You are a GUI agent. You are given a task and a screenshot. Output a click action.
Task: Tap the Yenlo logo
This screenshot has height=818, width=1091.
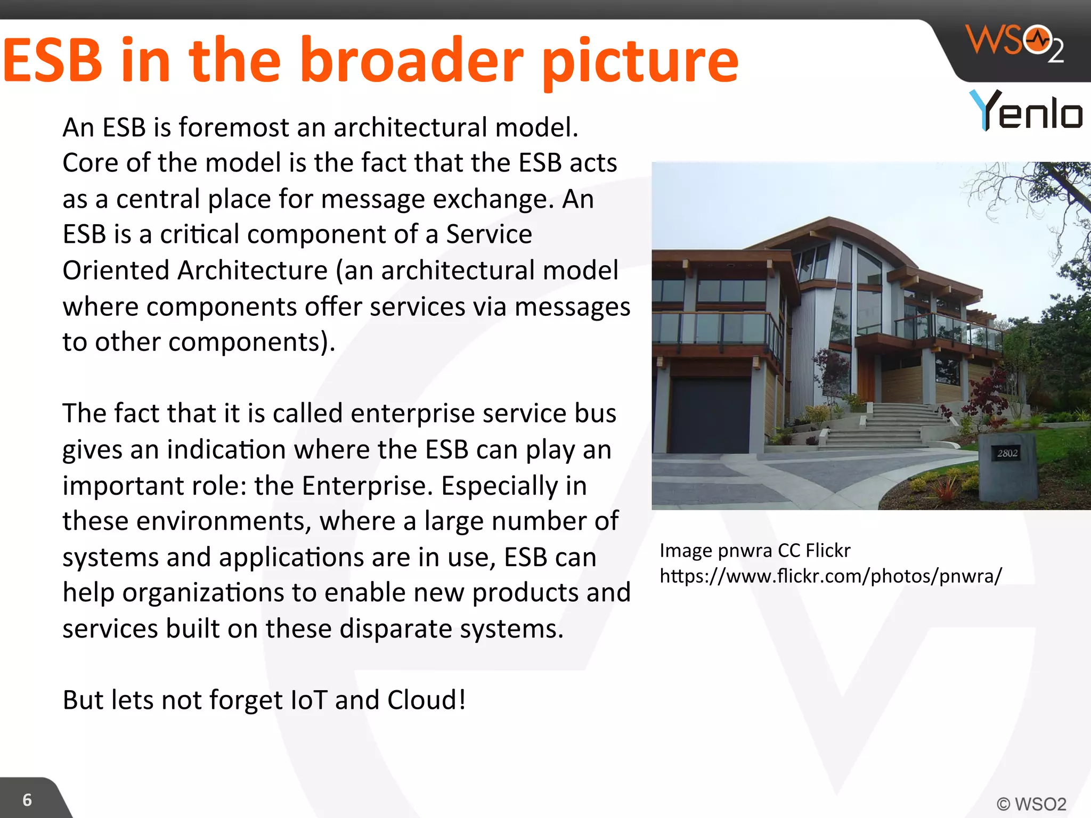coord(1026,110)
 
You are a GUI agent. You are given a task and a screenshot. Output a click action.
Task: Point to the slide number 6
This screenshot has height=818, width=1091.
coord(27,799)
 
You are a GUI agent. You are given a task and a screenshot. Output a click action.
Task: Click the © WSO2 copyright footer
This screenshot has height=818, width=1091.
coord(1031,804)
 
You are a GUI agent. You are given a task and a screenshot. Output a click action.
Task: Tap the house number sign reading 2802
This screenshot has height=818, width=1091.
coord(1007,453)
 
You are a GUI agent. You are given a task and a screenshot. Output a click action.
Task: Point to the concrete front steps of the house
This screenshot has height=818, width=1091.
coord(874,426)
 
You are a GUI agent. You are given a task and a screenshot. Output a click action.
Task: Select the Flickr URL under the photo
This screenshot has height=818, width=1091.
coord(831,576)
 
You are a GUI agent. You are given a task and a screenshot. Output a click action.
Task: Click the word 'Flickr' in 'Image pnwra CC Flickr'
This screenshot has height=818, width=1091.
coord(828,550)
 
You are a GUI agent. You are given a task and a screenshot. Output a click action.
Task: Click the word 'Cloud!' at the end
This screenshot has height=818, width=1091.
coord(427,700)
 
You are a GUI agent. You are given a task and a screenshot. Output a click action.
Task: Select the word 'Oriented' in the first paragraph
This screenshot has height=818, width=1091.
coord(115,270)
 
